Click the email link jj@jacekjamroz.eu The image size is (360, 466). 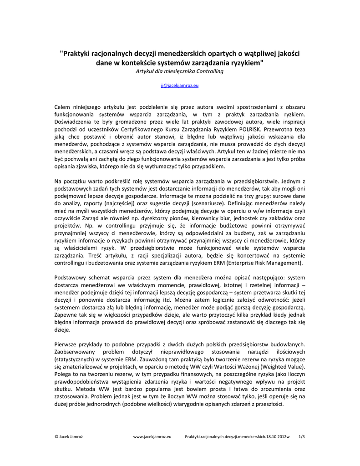[x=180, y=85]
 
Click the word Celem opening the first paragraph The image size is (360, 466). [x=63, y=106]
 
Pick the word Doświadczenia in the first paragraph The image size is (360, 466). [x=75, y=122]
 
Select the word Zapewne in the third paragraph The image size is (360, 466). [x=67, y=314]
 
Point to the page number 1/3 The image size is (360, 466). [x=301, y=437]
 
